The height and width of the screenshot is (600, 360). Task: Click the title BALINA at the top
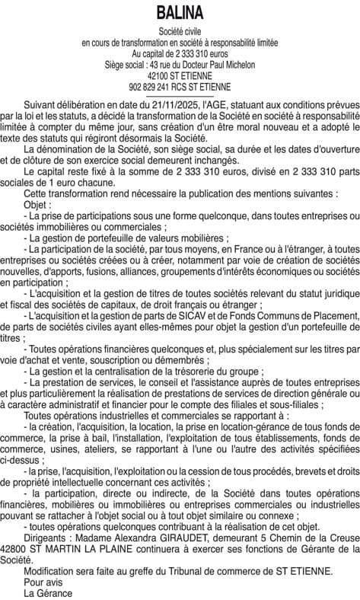point(180,14)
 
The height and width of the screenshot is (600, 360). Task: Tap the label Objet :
point(38,206)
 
